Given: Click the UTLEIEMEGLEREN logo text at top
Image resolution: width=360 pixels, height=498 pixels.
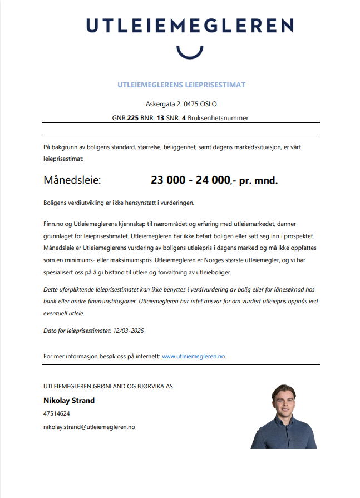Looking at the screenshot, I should pyautogui.click(x=189, y=26).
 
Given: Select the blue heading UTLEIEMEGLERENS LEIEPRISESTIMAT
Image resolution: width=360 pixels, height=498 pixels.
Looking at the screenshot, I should pyautogui.click(x=181, y=85).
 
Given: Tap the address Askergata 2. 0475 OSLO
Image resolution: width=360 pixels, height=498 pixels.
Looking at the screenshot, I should pyautogui.click(x=181, y=104).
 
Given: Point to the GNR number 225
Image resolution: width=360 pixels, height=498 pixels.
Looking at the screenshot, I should pyautogui.click(x=132, y=118).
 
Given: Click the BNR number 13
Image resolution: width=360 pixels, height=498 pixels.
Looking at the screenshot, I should pyautogui.click(x=160, y=118).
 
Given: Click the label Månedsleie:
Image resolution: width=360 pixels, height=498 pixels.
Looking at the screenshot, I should pyautogui.click(x=72, y=180).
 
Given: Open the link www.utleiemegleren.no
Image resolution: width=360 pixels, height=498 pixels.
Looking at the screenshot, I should pyautogui.click(x=193, y=356).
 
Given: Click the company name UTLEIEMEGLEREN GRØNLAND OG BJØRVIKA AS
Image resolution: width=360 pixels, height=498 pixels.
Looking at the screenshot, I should pyautogui.click(x=108, y=386).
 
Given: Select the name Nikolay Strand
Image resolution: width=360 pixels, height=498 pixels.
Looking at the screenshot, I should pyautogui.click(x=69, y=400).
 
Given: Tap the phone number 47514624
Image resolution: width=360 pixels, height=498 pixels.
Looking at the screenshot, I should pyautogui.click(x=56, y=414).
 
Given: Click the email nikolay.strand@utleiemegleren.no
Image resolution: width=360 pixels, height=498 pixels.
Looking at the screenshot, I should pyautogui.click(x=89, y=427).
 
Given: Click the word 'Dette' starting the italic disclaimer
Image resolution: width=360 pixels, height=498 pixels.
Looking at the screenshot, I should pyautogui.click(x=51, y=290).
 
